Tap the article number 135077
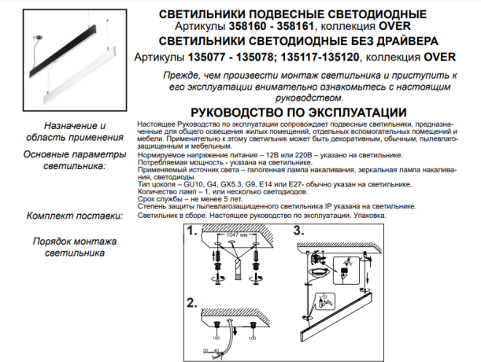click(210, 57)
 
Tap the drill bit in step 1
click(235, 268)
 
